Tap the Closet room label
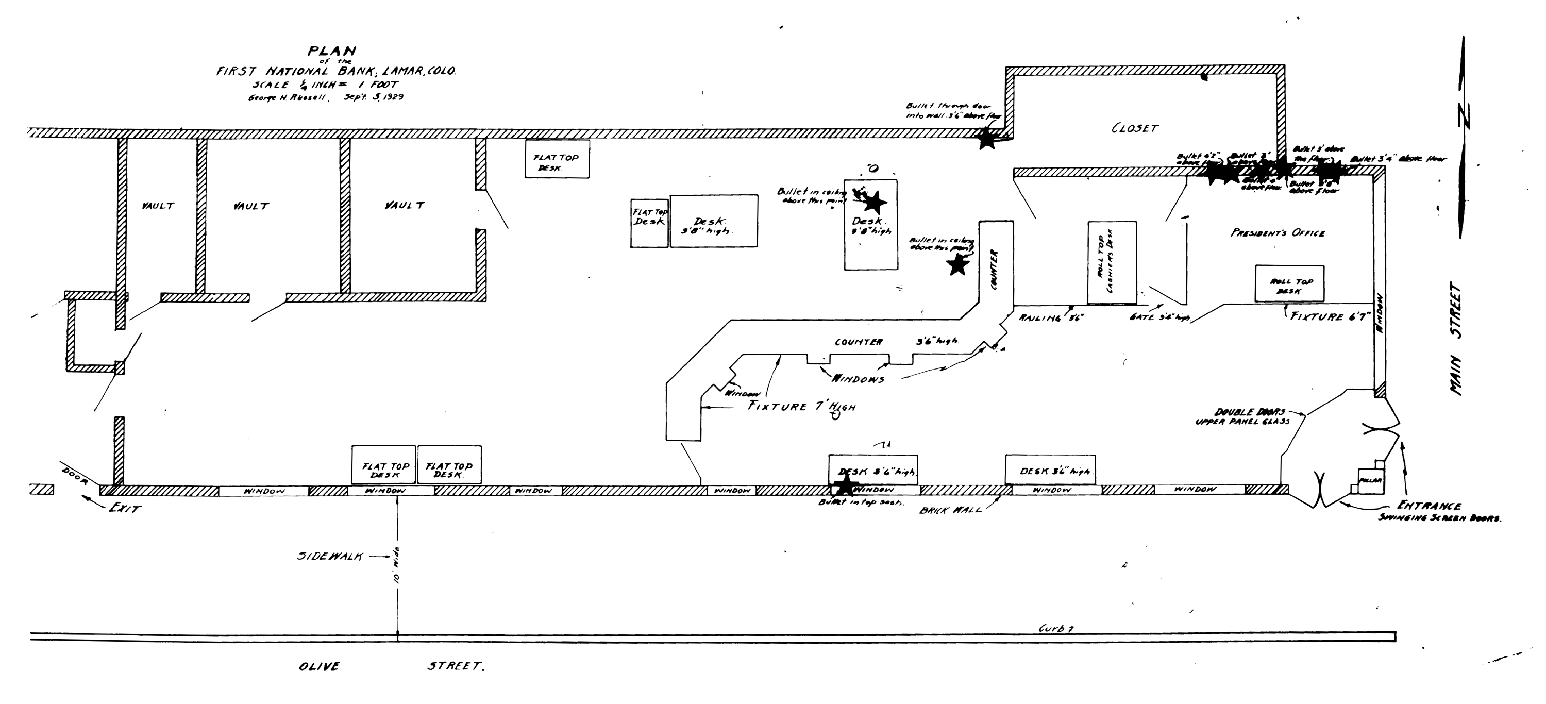(x=1134, y=128)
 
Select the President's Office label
(x=1278, y=233)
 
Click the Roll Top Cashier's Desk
(x=1112, y=262)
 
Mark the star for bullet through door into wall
(x=986, y=139)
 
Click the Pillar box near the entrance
(x=1370, y=480)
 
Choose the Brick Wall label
(x=951, y=510)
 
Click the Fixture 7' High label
(x=801, y=406)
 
